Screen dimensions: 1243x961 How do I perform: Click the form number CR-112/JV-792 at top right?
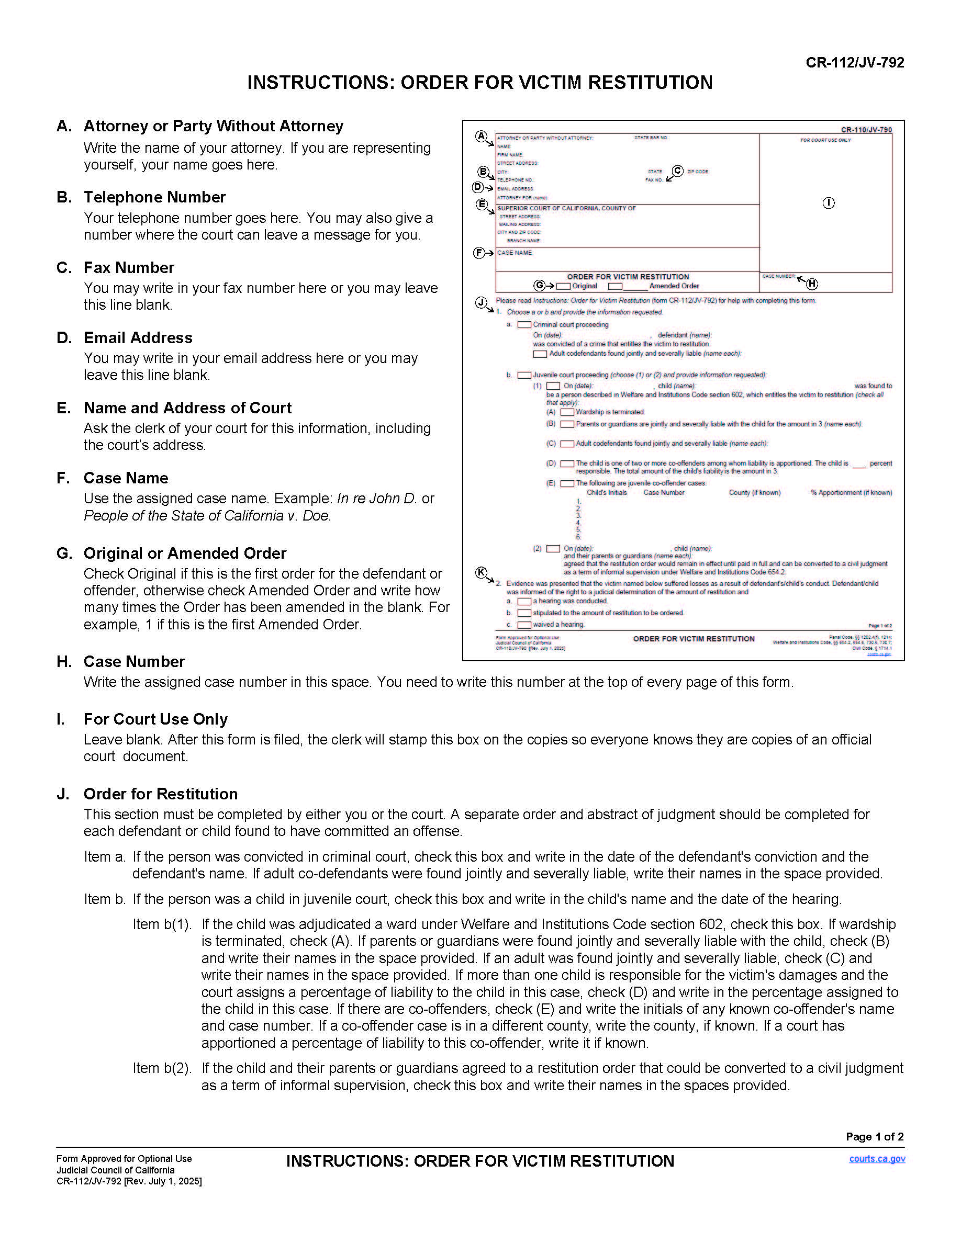tap(854, 63)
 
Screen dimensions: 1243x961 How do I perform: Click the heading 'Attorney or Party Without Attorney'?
tap(214, 126)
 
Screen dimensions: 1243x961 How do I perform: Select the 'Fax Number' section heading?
tap(129, 267)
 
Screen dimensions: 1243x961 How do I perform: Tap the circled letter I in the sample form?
tap(829, 203)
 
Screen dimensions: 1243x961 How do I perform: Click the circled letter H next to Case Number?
tap(812, 284)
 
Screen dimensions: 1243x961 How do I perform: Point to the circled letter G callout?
tap(539, 286)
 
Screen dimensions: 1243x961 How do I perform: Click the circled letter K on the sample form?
tap(481, 572)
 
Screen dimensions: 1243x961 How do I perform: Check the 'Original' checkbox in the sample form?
tap(563, 286)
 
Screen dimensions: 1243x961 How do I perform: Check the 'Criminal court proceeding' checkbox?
tap(524, 325)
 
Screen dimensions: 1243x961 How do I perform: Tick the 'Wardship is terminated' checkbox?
tap(567, 412)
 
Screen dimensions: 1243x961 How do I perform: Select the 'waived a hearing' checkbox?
tap(524, 625)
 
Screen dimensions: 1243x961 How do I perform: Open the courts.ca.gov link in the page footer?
tap(877, 1159)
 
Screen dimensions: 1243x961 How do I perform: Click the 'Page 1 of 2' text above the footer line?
tap(875, 1137)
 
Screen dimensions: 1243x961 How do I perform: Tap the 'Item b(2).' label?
tap(162, 1068)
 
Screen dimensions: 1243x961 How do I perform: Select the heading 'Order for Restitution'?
tap(161, 794)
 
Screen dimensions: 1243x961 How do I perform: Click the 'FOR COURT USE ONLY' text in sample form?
tap(825, 140)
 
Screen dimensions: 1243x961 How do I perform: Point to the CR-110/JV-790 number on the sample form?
tap(866, 130)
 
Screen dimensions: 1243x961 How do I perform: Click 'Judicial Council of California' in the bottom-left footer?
tap(116, 1170)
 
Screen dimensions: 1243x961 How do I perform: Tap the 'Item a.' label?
tap(105, 856)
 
